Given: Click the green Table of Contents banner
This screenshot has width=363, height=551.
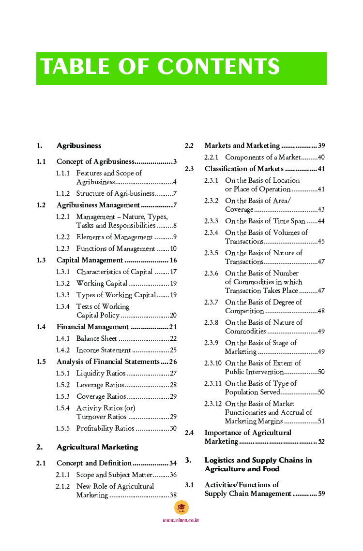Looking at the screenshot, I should tap(181, 69).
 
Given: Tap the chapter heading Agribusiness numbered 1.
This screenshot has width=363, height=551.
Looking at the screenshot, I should tap(79, 145).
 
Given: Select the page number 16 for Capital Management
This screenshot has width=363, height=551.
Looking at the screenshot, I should tap(173, 261).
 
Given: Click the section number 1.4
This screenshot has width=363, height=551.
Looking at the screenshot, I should tap(41, 327).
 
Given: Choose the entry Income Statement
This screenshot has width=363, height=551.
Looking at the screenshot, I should tap(104, 350).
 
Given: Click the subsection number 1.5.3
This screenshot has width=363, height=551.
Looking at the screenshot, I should tap(62, 397).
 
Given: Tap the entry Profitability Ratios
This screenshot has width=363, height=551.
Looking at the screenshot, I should tap(105, 429).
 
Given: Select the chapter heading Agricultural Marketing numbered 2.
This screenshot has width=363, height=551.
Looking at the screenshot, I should tap(97, 447).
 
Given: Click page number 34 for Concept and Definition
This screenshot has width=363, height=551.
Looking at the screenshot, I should tap(173, 464).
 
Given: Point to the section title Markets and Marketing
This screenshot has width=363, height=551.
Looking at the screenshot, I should tap(242, 145).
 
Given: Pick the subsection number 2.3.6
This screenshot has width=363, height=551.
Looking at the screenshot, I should tap(211, 274).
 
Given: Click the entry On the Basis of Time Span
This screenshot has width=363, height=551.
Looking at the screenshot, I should tap(265, 221).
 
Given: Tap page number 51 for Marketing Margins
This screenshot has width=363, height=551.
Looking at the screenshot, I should tap(321, 421).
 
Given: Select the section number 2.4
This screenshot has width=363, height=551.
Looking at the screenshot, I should tap(189, 433).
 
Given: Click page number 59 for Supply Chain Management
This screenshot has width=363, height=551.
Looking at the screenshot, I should tap(321, 494).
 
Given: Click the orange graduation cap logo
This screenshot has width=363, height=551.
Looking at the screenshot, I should tap(181, 507).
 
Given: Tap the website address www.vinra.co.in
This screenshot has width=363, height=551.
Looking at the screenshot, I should tap(181, 520).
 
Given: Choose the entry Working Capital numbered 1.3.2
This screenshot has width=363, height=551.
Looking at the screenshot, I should tap(102, 284).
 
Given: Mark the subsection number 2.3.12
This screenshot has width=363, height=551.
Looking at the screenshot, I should tap(213, 404).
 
